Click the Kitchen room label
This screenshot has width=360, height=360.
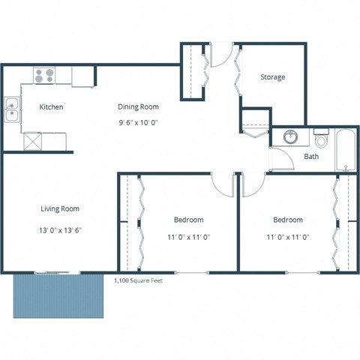[51, 106]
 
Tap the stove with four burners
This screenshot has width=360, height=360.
[44, 75]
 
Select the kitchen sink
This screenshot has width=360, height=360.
[13, 110]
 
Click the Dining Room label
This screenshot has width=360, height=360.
[138, 106]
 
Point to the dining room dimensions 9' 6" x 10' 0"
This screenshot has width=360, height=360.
[138, 121]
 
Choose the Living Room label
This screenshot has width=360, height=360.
[59, 208]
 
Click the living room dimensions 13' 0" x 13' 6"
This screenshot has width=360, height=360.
[59, 230]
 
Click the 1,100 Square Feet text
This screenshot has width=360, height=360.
[137, 280]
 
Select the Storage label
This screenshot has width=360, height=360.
[272, 77]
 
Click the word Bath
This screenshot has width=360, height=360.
[311, 157]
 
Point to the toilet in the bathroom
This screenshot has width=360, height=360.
[322, 139]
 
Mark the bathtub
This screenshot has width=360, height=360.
[346, 151]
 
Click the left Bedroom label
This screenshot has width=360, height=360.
[188, 220]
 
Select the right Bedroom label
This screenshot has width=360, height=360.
[287, 220]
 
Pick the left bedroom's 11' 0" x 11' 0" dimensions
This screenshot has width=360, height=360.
[188, 237]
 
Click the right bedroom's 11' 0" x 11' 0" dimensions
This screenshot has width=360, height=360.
[287, 237]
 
